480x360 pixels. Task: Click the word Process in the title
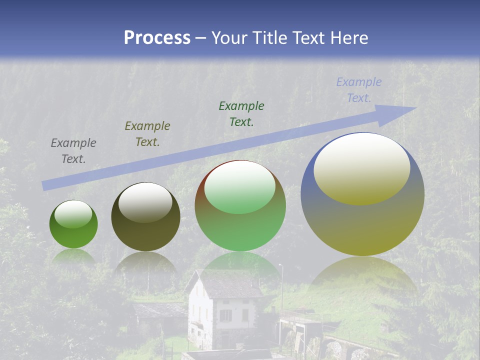(157, 38)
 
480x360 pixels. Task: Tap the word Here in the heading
(348, 38)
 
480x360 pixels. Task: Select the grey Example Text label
(73, 151)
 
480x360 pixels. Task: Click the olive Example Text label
(147, 134)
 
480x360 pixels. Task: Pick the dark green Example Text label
(241, 113)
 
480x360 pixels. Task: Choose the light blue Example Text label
(359, 90)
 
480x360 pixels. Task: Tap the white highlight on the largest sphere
(361, 167)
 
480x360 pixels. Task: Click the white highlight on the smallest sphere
(73, 214)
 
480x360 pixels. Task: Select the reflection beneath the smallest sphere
(73, 256)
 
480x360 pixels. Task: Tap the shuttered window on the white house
(226, 315)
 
